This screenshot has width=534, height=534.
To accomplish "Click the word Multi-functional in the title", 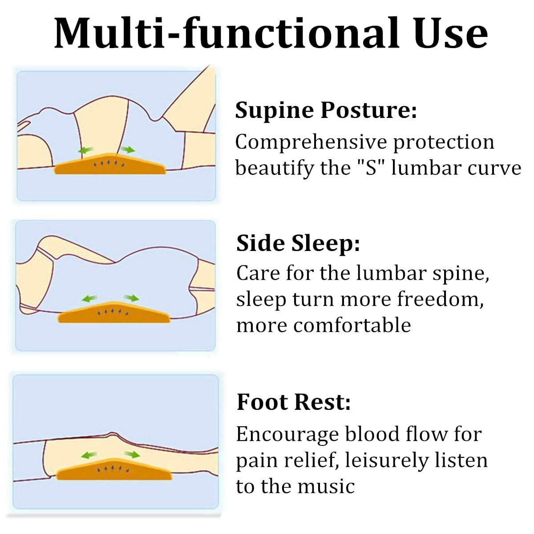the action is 227,34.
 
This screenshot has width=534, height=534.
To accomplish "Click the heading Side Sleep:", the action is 298,244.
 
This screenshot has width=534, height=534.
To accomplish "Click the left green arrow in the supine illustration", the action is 86,150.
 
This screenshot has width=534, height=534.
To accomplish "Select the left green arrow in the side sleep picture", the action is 89,299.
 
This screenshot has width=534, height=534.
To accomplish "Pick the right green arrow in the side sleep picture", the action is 132,298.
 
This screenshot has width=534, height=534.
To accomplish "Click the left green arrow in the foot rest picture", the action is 89,455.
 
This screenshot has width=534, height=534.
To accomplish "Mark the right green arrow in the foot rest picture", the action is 132,454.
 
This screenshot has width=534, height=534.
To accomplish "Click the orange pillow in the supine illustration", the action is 110,164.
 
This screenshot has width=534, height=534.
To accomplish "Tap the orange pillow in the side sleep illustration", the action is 113,312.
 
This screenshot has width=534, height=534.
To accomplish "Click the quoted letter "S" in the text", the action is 371,168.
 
